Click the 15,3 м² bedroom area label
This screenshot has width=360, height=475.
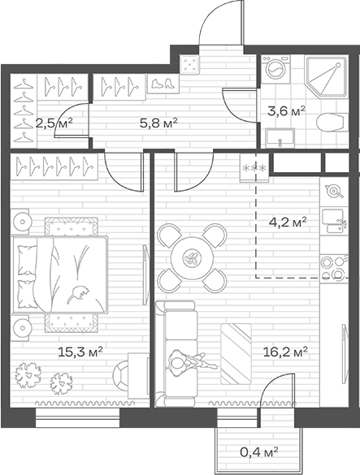click(x=80, y=352)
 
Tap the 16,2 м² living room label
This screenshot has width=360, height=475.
click(x=285, y=352)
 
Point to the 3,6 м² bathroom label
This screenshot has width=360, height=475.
click(x=286, y=111)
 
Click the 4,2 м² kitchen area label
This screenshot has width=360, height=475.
click(x=288, y=222)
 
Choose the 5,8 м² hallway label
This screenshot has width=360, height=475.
click(x=158, y=123)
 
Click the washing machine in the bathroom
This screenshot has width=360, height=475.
click(x=275, y=69)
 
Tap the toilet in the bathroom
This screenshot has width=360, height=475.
click(x=331, y=123)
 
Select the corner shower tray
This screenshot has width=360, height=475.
click(x=326, y=76)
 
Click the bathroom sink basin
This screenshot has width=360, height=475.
click(x=280, y=138)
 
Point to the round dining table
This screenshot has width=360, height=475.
click(x=192, y=258)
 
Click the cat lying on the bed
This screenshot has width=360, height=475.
click(x=78, y=293)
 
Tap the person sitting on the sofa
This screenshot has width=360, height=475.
click(x=191, y=361)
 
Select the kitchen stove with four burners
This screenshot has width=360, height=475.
click(x=334, y=267)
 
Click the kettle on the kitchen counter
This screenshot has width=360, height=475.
click(x=334, y=191)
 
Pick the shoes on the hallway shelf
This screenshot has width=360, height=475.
click(x=163, y=84)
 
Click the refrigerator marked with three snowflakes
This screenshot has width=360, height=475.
click(x=254, y=167)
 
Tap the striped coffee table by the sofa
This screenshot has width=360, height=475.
click(x=236, y=353)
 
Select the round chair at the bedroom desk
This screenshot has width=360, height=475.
click(x=121, y=375)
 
